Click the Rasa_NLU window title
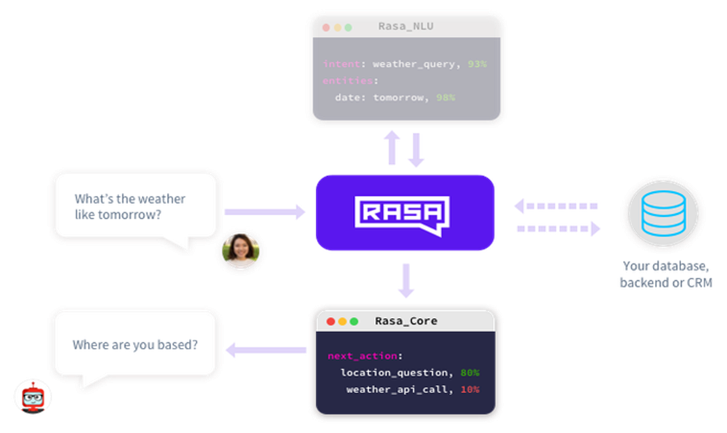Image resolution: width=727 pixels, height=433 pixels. click(x=406, y=27)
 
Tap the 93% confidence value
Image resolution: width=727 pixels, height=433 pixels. click(x=478, y=64)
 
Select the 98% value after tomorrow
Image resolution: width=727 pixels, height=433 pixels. click(x=446, y=97)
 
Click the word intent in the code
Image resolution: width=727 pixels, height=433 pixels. click(x=338, y=64)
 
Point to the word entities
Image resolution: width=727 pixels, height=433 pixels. click(x=345, y=81)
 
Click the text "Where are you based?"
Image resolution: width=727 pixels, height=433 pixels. click(x=134, y=345)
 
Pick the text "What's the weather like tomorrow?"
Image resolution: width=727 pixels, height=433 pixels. click(x=129, y=207)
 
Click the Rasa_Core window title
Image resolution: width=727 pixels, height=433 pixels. click(x=406, y=321)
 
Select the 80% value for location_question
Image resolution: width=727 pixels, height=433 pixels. click(x=470, y=373)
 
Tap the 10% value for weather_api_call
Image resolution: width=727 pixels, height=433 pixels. click(x=470, y=389)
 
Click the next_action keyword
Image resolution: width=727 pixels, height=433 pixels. click(x=363, y=356)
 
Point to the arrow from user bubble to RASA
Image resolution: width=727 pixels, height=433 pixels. click(x=265, y=212)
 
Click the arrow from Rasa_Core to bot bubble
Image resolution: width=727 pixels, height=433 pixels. click(x=266, y=351)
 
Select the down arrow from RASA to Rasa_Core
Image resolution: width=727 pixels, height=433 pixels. click(x=406, y=280)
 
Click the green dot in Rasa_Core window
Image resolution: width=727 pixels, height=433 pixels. click(x=354, y=321)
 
